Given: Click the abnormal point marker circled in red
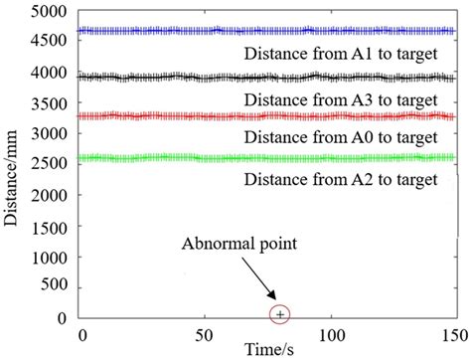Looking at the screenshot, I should point(280,315).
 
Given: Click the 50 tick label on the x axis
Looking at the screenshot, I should point(207,334).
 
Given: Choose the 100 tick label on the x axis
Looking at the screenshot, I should point(330,334).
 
